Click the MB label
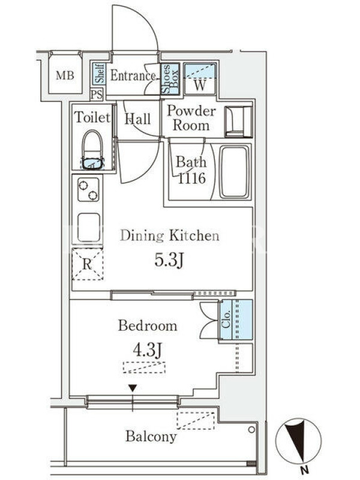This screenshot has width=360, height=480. (x=65, y=75)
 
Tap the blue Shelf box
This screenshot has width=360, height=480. (x=100, y=73)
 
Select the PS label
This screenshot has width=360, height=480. (x=97, y=94)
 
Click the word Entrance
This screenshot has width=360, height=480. (x=133, y=76)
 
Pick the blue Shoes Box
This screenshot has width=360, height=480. (x=170, y=79)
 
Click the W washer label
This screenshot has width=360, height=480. (x=200, y=85)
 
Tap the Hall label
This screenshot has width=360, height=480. (x=138, y=119)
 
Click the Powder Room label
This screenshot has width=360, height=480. (x=191, y=118)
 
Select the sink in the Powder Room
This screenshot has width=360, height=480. (x=238, y=122)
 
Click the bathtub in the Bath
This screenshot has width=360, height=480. (x=235, y=172)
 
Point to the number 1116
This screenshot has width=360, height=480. (x=191, y=178)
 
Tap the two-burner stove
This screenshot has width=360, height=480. (x=88, y=190)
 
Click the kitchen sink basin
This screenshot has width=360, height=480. (x=89, y=228)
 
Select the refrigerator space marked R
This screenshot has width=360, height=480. (x=88, y=264)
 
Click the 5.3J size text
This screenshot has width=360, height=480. (x=169, y=260)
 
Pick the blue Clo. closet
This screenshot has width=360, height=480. (x=236, y=320)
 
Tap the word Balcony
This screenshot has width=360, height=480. (x=151, y=437)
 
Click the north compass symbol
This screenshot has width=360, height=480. (x=298, y=442)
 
